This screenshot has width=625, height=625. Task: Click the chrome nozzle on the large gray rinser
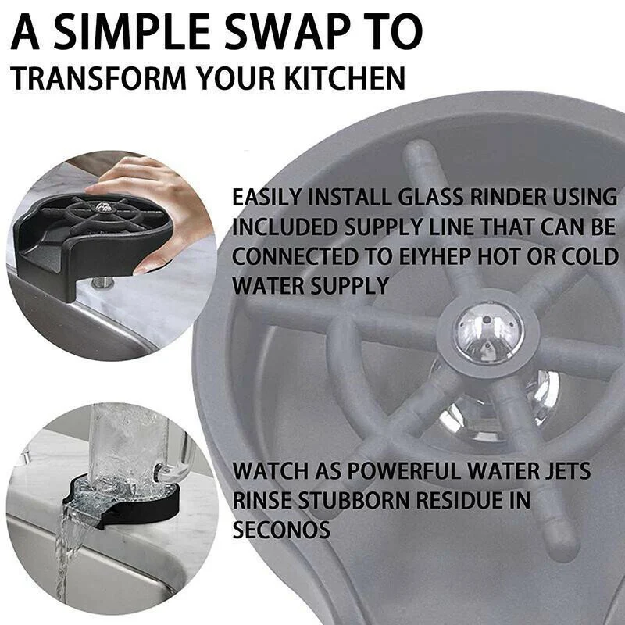(x=489, y=333)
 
